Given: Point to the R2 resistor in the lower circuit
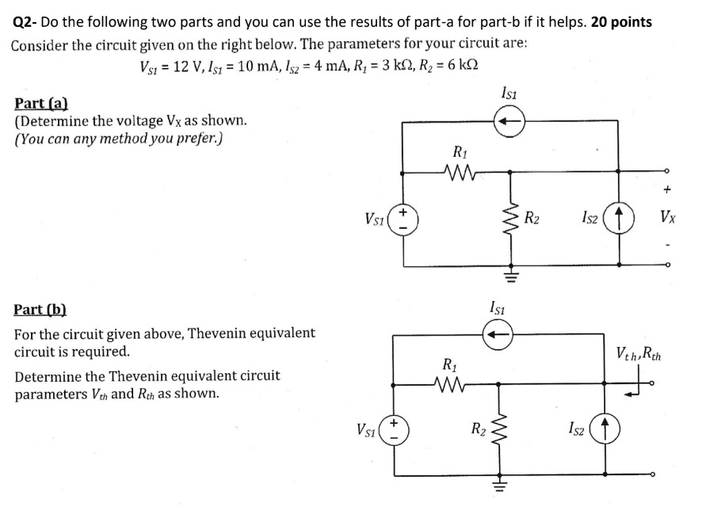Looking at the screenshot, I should pos(498,431).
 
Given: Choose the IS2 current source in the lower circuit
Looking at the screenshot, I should pos(606,432).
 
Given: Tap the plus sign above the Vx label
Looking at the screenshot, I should pos(667,190).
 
